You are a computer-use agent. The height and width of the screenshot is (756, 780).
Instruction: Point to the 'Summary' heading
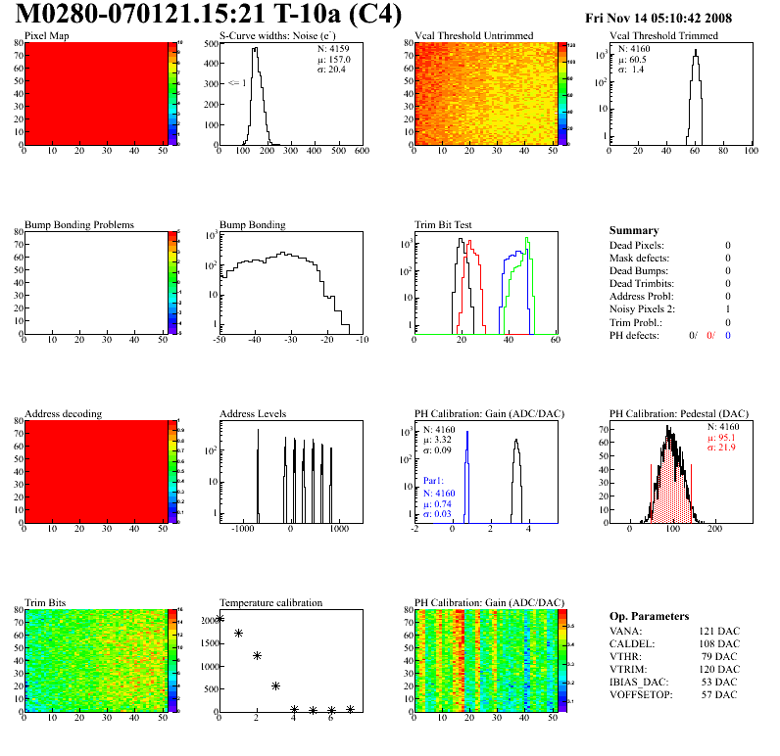tap(633, 231)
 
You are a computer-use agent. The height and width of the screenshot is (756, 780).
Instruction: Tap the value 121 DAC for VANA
tap(719, 632)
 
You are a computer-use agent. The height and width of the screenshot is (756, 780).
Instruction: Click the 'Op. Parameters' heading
tap(649, 617)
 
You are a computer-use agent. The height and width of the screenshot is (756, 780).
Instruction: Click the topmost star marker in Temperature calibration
tap(220, 619)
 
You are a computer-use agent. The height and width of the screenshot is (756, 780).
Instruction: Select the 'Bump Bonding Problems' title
tap(79, 225)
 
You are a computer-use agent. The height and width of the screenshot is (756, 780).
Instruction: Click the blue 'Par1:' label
tap(435, 482)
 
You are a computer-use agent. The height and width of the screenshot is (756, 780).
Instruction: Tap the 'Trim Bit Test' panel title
tap(444, 225)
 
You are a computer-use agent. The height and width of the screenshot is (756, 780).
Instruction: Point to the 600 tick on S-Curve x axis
tap(362, 151)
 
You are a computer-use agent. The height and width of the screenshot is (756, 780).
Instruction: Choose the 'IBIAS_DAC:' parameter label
tap(638, 683)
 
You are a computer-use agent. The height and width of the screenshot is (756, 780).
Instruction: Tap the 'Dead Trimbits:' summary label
tap(643, 284)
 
